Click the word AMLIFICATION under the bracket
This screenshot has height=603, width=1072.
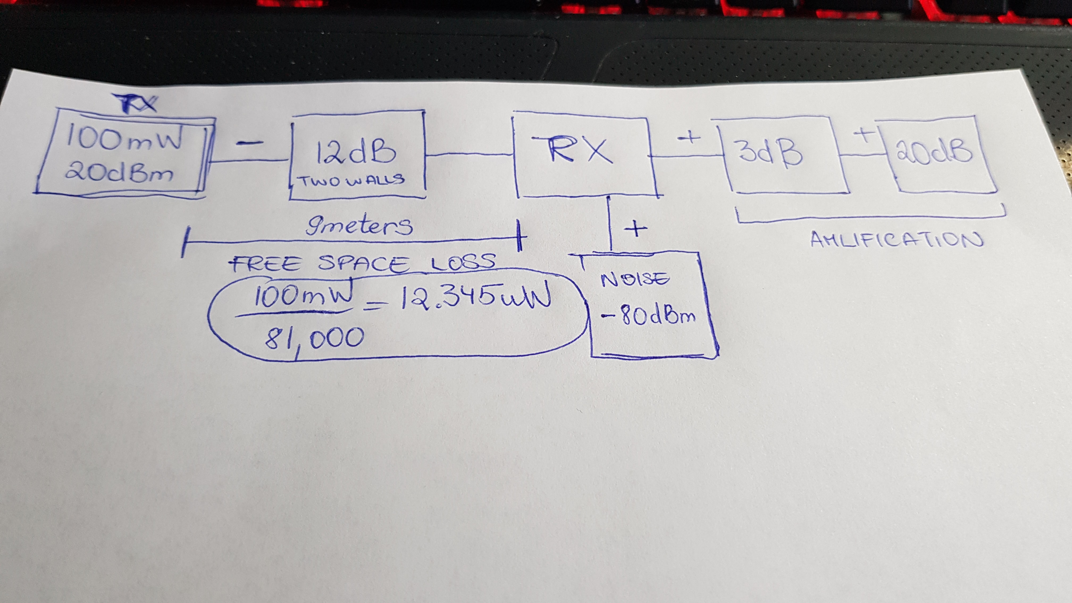click(897, 240)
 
